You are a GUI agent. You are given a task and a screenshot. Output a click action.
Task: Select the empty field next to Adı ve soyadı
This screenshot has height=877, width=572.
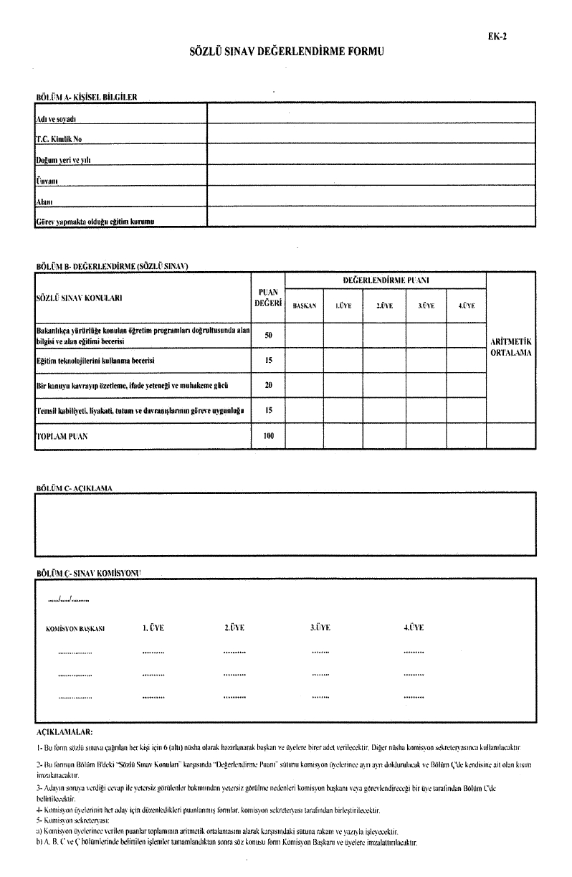tap(371, 113)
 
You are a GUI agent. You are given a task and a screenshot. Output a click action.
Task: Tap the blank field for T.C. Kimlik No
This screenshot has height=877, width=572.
tap(371, 133)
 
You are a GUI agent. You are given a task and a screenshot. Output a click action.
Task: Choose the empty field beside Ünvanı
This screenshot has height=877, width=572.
tap(371, 175)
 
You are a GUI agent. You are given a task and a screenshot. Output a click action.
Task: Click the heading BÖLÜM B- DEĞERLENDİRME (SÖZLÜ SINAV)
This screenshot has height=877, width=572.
tap(111, 266)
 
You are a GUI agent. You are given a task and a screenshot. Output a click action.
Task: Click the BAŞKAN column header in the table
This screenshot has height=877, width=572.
tap(304, 306)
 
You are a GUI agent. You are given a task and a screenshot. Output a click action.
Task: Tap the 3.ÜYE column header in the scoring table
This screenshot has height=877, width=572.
tap(427, 306)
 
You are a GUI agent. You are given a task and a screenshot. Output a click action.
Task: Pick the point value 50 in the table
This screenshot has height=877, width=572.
tap(268, 335)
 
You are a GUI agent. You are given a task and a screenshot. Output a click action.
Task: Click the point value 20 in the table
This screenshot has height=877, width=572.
tap(268, 385)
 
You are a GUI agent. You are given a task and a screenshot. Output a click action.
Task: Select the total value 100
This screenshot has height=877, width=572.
tap(268, 435)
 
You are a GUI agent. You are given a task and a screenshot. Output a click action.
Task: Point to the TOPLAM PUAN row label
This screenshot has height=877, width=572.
tap(58, 435)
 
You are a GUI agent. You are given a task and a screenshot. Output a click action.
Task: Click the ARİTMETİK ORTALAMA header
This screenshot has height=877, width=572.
tap(511, 348)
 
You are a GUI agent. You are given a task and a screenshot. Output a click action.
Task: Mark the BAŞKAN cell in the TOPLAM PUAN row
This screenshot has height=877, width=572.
tap(304, 435)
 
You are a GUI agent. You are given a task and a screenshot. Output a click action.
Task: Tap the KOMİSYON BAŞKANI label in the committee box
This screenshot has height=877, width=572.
tap(75, 628)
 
